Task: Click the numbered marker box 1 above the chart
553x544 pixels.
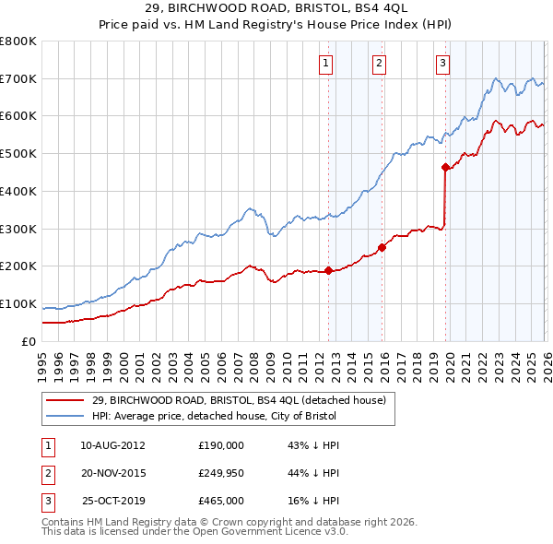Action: pyautogui.click(x=326, y=63)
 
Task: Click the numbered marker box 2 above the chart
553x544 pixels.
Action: pyautogui.click(x=379, y=63)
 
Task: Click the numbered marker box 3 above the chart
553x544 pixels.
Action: pyautogui.click(x=442, y=63)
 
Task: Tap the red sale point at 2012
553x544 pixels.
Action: pyautogui.click(x=328, y=271)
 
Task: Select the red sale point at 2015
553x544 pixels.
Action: pyautogui.click(x=382, y=247)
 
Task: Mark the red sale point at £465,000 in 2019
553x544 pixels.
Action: pyautogui.click(x=445, y=168)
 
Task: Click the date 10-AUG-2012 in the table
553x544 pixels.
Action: pyautogui.click(x=112, y=445)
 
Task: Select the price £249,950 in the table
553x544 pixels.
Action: pyautogui.click(x=220, y=473)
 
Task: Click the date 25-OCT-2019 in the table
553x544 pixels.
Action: pyautogui.click(x=112, y=502)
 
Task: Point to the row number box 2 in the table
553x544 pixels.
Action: pyautogui.click(x=46, y=473)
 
